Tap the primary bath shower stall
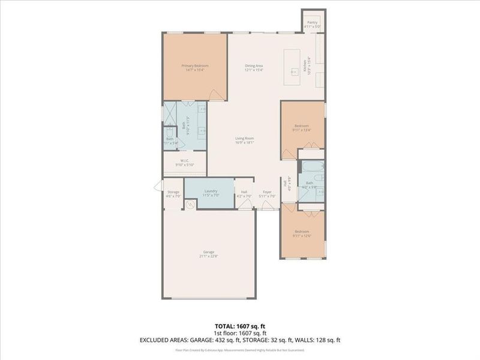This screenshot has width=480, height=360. (x=170, y=112)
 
